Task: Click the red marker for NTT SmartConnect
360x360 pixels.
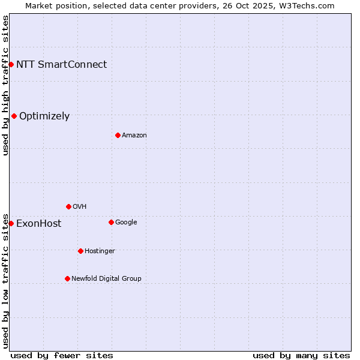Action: (11, 64)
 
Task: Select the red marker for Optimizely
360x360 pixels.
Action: (14, 116)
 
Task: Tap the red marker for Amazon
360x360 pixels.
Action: (118, 135)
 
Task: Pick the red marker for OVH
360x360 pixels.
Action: (68, 206)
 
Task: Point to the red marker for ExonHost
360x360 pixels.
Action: (11, 223)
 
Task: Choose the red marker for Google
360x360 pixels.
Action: (111, 222)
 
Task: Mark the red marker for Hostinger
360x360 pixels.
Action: (80, 251)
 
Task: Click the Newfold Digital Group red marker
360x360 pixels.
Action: (67, 278)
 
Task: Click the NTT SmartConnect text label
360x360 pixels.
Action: (61, 64)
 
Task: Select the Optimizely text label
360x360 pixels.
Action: (44, 116)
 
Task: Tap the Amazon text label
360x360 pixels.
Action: (134, 135)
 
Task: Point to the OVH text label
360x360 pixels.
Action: (80, 206)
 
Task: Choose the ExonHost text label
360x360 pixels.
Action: (38, 223)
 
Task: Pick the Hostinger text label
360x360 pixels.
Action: (100, 251)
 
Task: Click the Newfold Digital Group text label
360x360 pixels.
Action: (106, 278)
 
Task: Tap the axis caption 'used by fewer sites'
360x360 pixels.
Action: (62, 355)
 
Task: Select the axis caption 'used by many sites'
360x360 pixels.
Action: (301, 355)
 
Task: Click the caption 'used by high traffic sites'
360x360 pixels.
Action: (5, 85)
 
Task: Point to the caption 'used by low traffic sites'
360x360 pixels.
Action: (5, 280)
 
